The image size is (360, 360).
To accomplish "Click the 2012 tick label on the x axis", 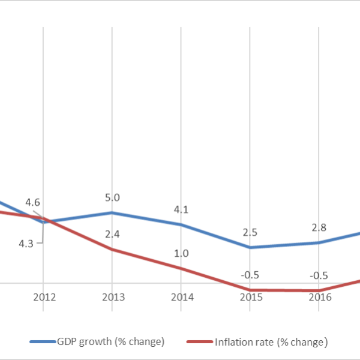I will click(x=43, y=297).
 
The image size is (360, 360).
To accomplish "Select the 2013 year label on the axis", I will click(x=112, y=297).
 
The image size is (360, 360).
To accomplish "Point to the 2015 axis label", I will click(x=250, y=297).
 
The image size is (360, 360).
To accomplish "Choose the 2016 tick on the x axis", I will click(x=318, y=297).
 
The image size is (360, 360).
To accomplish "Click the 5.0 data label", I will click(x=113, y=197).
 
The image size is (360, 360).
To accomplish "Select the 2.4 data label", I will click(x=112, y=234).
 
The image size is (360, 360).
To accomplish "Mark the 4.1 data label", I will click(x=181, y=210).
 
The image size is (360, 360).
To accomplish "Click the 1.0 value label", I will click(x=181, y=254).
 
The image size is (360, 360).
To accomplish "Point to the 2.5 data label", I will click(x=250, y=232).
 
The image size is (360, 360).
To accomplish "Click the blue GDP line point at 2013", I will click(x=112, y=212).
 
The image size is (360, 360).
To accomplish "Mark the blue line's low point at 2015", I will click(x=250, y=247).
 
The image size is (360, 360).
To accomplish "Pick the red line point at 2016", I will click(x=318, y=291).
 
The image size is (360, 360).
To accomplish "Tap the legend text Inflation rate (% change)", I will click(x=271, y=342).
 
